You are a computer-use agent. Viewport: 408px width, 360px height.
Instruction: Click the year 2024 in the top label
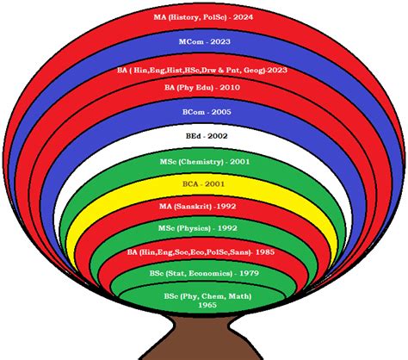[243, 17]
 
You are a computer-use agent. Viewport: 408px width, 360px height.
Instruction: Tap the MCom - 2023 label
[205, 41]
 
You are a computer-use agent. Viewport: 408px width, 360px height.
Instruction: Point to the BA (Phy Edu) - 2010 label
[202, 88]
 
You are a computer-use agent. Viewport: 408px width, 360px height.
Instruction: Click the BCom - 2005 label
[207, 112]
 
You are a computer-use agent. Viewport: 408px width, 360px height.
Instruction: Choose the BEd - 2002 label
[207, 136]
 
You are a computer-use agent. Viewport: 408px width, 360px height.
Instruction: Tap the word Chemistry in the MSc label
[201, 162]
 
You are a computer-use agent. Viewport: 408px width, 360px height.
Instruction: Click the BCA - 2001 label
[203, 184]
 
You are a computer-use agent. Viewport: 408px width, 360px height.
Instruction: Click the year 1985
[265, 252]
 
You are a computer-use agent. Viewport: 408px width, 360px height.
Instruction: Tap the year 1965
[207, 305]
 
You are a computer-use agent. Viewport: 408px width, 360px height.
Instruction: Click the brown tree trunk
[201, 338]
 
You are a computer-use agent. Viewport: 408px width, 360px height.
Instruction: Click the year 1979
[249, 273]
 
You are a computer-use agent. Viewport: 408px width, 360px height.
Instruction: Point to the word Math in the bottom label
[239, 296]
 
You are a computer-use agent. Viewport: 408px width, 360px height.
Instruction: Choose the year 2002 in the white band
[218, 136]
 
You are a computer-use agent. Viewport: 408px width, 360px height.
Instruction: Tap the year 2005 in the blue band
[221, 112]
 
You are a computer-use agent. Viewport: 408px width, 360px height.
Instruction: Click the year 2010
[230, 88]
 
